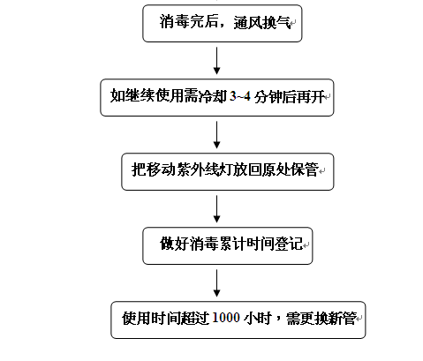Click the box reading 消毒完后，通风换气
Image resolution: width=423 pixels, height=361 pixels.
click(223, 23)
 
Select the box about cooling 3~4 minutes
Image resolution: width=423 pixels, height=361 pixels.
click(217, 97)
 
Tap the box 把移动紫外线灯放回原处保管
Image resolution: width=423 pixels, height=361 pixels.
click(228, 171)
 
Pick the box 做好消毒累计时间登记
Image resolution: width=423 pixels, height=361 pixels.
click(228, 245)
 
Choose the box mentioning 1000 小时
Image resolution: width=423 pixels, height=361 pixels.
click(238, 320)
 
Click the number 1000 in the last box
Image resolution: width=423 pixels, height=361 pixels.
click(226, 318)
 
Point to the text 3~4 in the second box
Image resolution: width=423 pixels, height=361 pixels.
click(240, 96)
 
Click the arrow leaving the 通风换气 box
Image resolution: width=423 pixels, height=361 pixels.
click(217, 61)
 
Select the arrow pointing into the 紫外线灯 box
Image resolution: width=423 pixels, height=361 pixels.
click(217, 135)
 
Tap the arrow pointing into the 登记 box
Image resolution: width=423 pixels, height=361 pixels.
click(217, 209)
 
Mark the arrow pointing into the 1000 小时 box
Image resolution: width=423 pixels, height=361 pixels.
click(217, 283)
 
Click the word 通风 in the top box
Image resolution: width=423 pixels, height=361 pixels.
click(247, 22)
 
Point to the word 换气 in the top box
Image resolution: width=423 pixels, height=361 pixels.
click(276, 22)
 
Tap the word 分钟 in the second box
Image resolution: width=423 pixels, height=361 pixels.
click(268, 96)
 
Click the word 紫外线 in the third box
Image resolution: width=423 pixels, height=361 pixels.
click(198, 169)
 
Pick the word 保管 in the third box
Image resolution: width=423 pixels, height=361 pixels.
click(305, 169)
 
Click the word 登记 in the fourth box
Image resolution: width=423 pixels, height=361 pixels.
click(289, 244)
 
